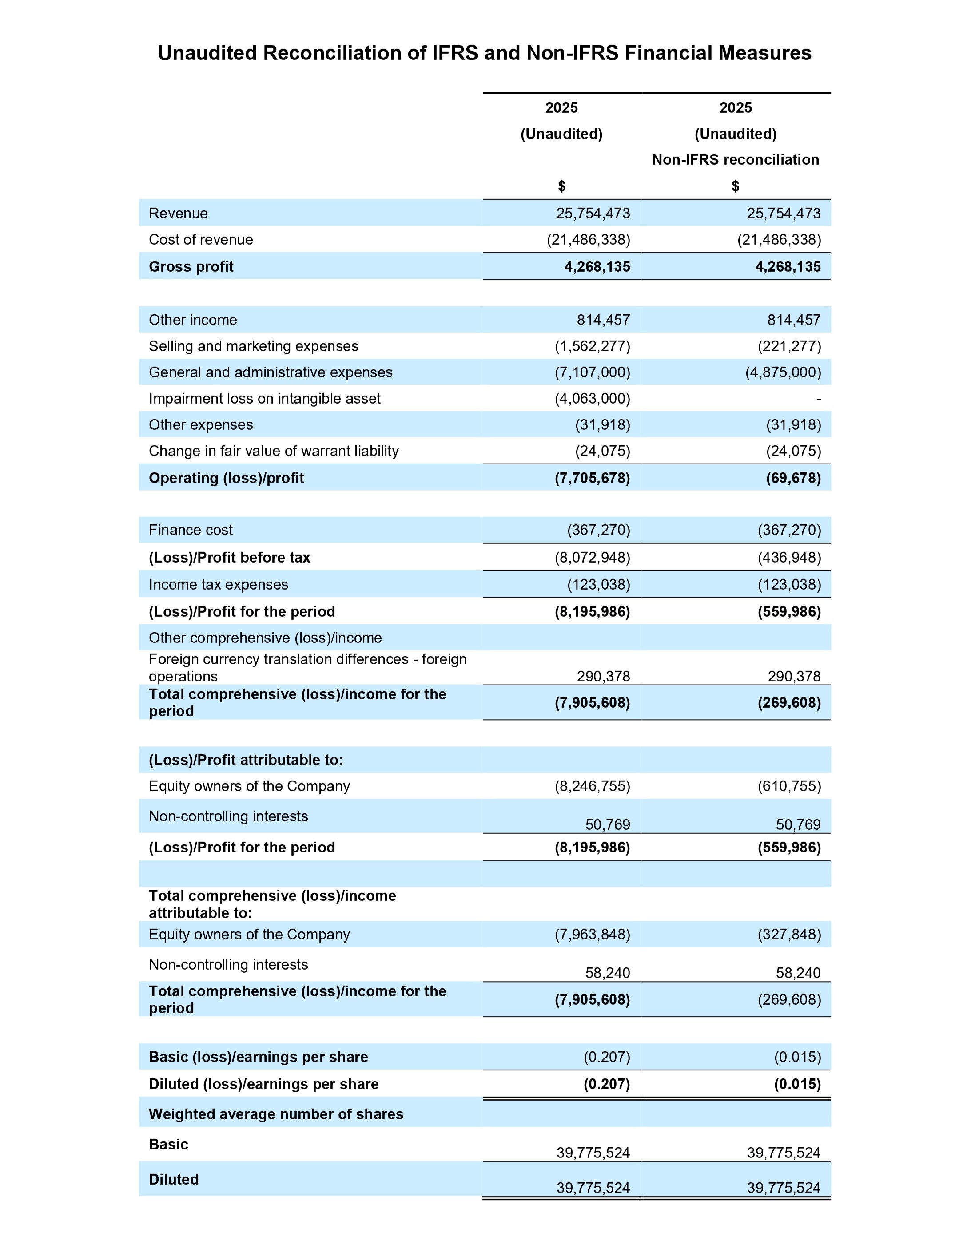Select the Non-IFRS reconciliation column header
(735, 159)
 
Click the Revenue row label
(178, 214)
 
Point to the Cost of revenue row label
(201, 240)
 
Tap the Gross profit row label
(191, 267)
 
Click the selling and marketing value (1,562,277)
(592, 346)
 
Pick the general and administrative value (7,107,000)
(592, 372)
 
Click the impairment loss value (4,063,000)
(592, 399)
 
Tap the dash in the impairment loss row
(818, 399)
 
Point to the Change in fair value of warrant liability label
(274, 451)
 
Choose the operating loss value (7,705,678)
(592, 478)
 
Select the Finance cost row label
(191, 530)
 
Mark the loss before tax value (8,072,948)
(592, 558)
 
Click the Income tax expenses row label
(219, 585)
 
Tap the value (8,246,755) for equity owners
(592, 786)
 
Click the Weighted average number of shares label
(276, 1114)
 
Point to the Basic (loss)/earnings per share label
(258, 1057)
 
